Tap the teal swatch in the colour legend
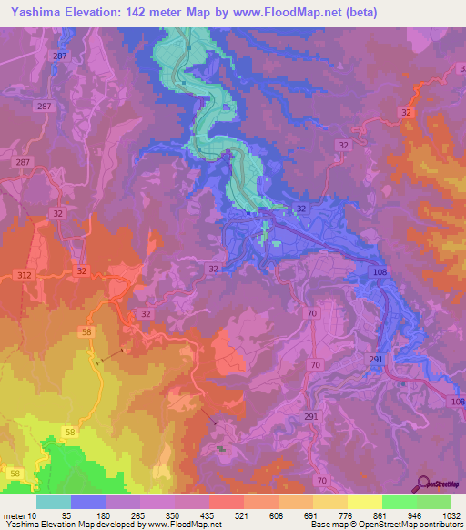[x=54, y=502]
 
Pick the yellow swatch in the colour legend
[x=364, y=502]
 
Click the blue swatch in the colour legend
[x=88, y=502]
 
